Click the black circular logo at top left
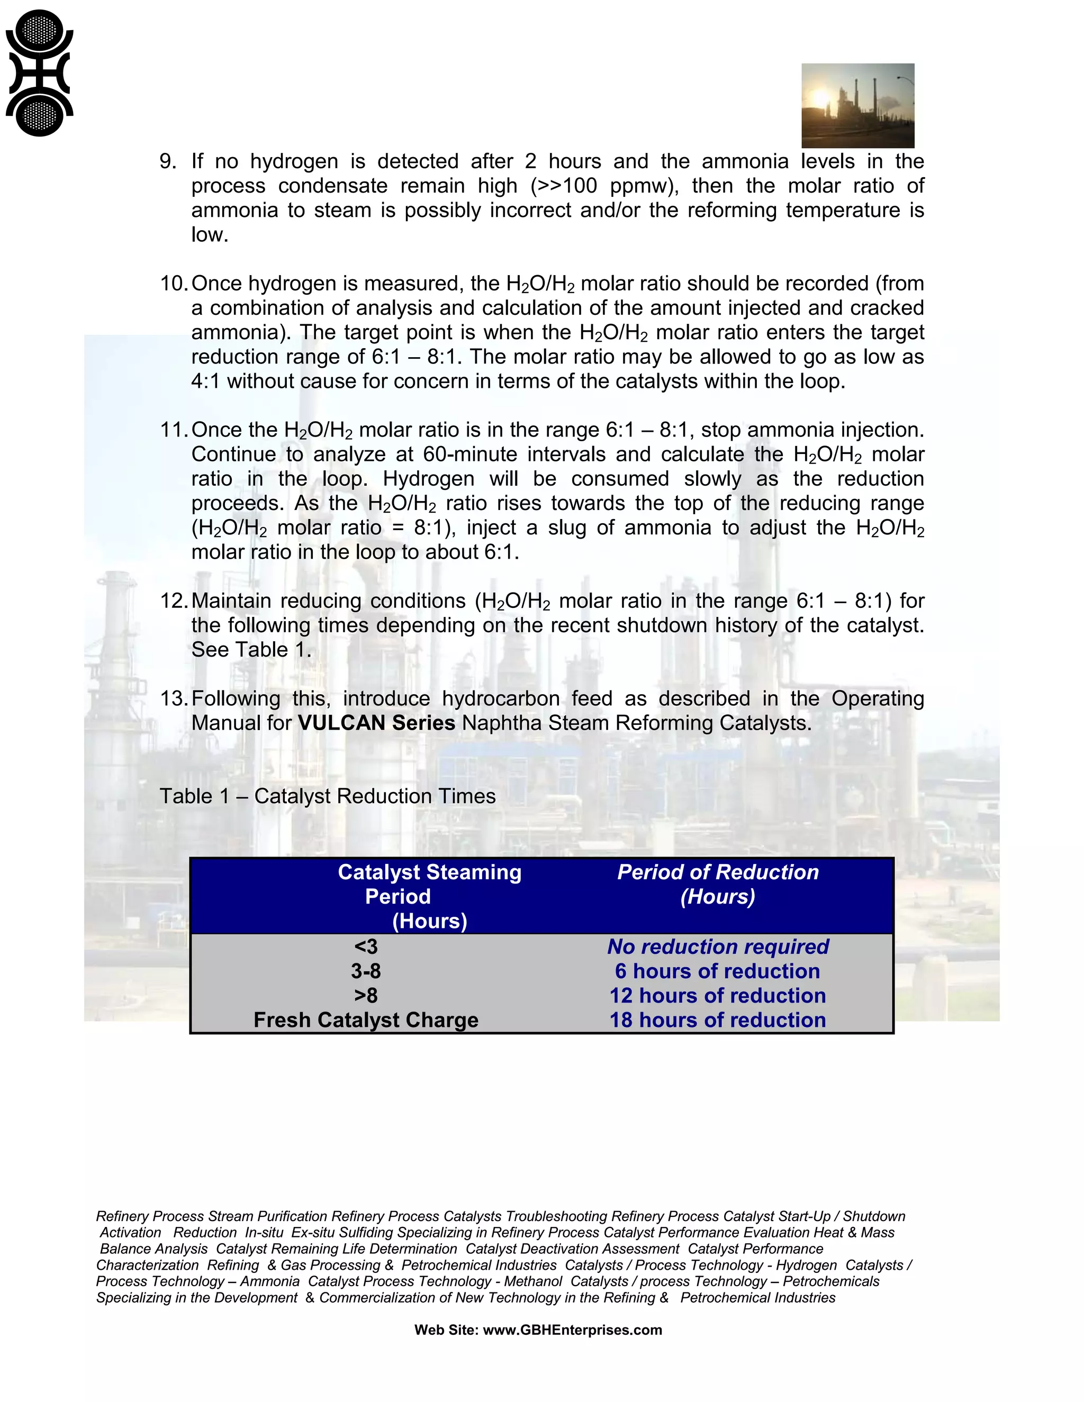click(39, 73)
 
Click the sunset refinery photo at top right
click(857, 105)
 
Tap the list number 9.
click(168, 161)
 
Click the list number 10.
click(174, 284)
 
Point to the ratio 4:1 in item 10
click(205, 381)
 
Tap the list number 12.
click(174, 601)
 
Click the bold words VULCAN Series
click(376, 723)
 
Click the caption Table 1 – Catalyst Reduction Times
click(328, 796)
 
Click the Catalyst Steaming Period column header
click(429, 896)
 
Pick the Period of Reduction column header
click(717, 884)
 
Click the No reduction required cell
click(717, 946)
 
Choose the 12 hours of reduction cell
click(717, 996)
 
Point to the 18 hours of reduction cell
click(717, 1020)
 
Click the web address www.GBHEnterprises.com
click(572, 1330)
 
